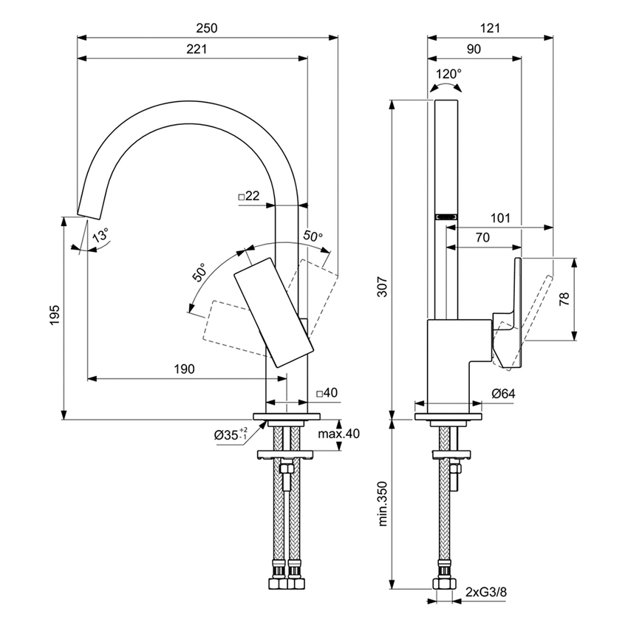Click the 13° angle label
(100, 236)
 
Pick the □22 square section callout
(249, 196)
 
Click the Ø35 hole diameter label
(233, 435)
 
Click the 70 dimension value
(484, 238)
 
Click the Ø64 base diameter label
(502, 394)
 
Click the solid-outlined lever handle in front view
(274, 310)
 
